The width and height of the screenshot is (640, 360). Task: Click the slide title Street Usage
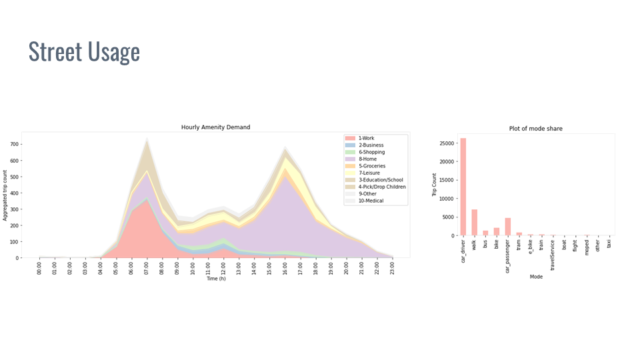click(84, 52)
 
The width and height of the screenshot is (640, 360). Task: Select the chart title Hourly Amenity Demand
click(216, 127)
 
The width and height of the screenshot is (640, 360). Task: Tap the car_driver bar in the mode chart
click(463, 187)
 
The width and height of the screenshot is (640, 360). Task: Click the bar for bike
click(496, 231)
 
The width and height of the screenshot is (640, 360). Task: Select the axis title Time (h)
click(216, 279)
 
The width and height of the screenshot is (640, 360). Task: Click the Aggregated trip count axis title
click(5, 194)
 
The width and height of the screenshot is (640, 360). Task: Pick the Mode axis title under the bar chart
click(535, 277)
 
